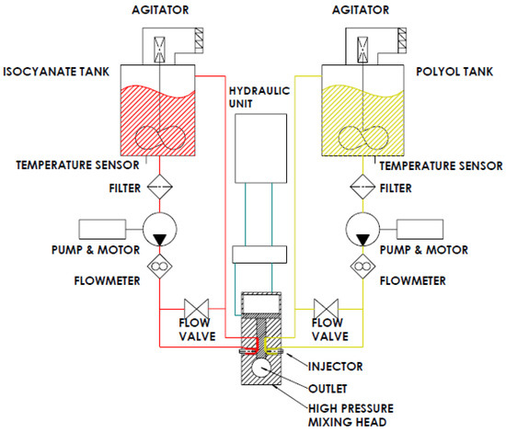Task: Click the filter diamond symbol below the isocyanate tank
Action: pos(160,187)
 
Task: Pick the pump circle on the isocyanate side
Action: pos(160,228)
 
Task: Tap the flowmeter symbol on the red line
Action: pos(160,267)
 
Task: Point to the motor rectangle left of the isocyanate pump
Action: pos(104,227)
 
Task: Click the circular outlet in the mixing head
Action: pos(263,368)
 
